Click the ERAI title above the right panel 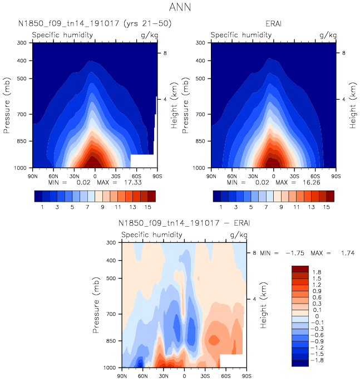coord(273,24)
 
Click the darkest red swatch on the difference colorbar coord(300,270)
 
